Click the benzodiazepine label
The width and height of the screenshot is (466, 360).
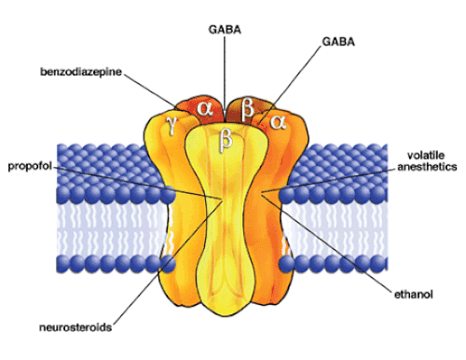(x=81, y=72)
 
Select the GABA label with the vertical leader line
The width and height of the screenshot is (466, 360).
(x=225, y=30)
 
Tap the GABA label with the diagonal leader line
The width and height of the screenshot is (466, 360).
(x=338, y=42)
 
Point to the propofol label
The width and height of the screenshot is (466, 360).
(x=30, y=166)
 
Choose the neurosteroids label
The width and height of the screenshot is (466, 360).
(x=75, y=327)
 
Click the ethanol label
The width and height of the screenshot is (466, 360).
(x=414, y=295)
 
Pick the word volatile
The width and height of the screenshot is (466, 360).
(x=426, y=155)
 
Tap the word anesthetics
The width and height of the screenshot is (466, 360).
(x=427, y=167)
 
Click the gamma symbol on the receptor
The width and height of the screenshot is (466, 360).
(x=171, y=126)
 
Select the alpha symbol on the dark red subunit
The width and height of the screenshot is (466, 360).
(x=205, y=108)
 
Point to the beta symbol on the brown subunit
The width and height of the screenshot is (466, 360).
(x=248, y=109)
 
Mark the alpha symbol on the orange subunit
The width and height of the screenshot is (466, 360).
(x=278, y=122)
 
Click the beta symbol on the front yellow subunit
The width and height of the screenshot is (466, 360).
(x=226, y=141)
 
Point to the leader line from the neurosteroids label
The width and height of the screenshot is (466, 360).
(x=168, y=262)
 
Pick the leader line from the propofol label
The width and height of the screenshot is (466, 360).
(x=138, y=183)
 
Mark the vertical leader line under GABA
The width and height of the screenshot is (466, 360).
(x=225, y=78)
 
